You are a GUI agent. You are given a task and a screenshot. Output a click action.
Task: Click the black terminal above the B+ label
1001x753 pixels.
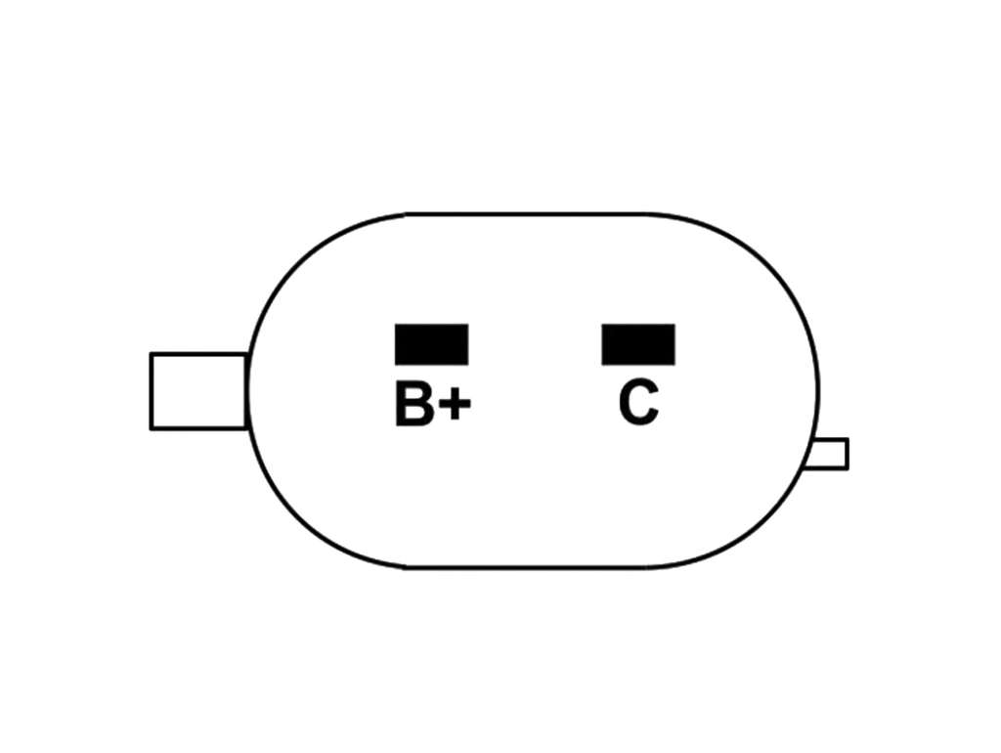(431, 344)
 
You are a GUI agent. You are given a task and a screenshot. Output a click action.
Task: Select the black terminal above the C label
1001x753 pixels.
(637, 344)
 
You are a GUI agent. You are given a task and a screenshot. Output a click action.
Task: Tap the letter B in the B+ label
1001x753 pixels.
(413, 404)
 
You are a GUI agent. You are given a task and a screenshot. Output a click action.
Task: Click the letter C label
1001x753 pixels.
(638, 403)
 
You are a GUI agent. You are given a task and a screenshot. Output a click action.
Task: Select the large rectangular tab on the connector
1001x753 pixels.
(198, 391)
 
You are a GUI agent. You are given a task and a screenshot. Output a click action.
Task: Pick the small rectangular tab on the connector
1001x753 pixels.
(826, 454)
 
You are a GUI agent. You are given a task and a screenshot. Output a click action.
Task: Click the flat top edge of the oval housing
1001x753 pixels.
(527, 214)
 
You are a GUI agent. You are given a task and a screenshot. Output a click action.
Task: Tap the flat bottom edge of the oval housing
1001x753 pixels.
(527, 567)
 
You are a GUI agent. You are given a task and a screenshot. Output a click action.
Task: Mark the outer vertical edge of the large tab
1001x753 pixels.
(151, 391)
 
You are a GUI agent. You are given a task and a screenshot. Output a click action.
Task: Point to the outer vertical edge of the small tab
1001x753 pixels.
(848, 454)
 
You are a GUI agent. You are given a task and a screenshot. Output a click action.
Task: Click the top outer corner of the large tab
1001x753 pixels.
(151, 353)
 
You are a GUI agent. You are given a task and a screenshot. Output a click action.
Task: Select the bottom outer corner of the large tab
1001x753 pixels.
(151, 428)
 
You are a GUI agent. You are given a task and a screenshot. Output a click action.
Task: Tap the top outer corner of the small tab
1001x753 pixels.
(848, 439)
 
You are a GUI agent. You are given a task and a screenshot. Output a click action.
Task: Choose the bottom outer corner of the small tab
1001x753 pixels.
(848, 469)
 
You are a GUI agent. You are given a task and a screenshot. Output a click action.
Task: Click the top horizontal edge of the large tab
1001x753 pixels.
(198, 354)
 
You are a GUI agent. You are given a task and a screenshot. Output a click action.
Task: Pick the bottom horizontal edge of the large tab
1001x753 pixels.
(198, 428)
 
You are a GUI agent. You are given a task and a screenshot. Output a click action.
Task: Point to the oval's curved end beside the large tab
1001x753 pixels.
(249, 391)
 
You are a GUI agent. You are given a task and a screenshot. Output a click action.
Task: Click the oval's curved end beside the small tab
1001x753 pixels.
(816, 391)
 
